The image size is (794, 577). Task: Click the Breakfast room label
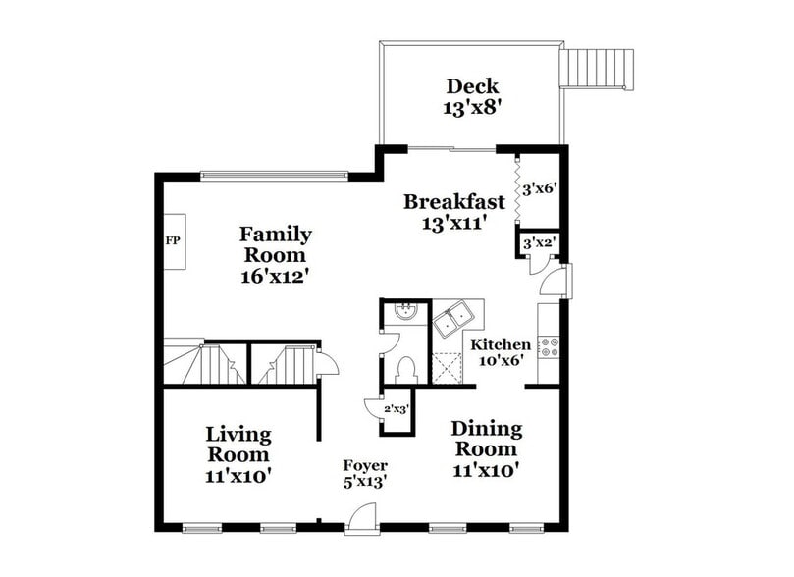coord(454,211)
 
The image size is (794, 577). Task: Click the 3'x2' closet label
coord(539,242)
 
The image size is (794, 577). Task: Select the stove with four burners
coord(550,346)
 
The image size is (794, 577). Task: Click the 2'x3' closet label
coord(396,408)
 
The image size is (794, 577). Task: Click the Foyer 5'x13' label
coord(364,473)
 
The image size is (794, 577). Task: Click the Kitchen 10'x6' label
coord(501,351)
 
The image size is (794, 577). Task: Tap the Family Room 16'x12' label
coord(276,254)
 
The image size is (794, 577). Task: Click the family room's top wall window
coord(274,177)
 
